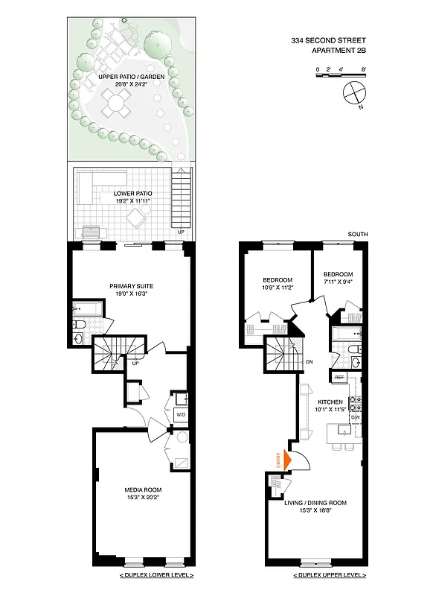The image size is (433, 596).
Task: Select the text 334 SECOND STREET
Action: (x=329, y=42)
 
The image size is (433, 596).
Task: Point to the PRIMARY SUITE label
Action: (x=131, y=285)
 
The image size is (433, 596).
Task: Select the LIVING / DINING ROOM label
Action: (x=315, y=503)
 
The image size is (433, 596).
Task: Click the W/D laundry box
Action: (x=181, y=414)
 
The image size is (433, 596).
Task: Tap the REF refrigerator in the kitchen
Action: (x=339, y=378)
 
